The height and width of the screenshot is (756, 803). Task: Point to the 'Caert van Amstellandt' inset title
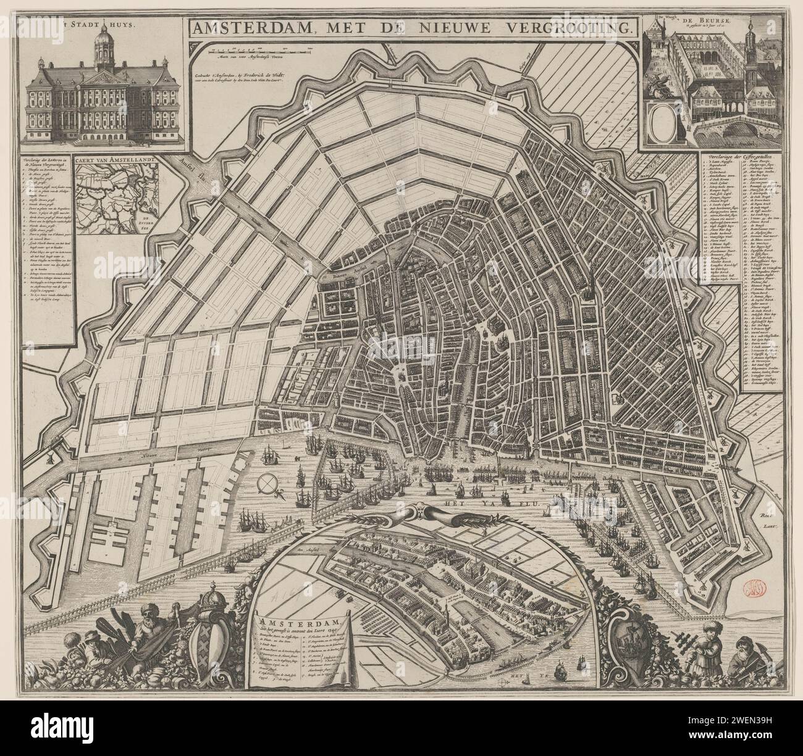[116, 162]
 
